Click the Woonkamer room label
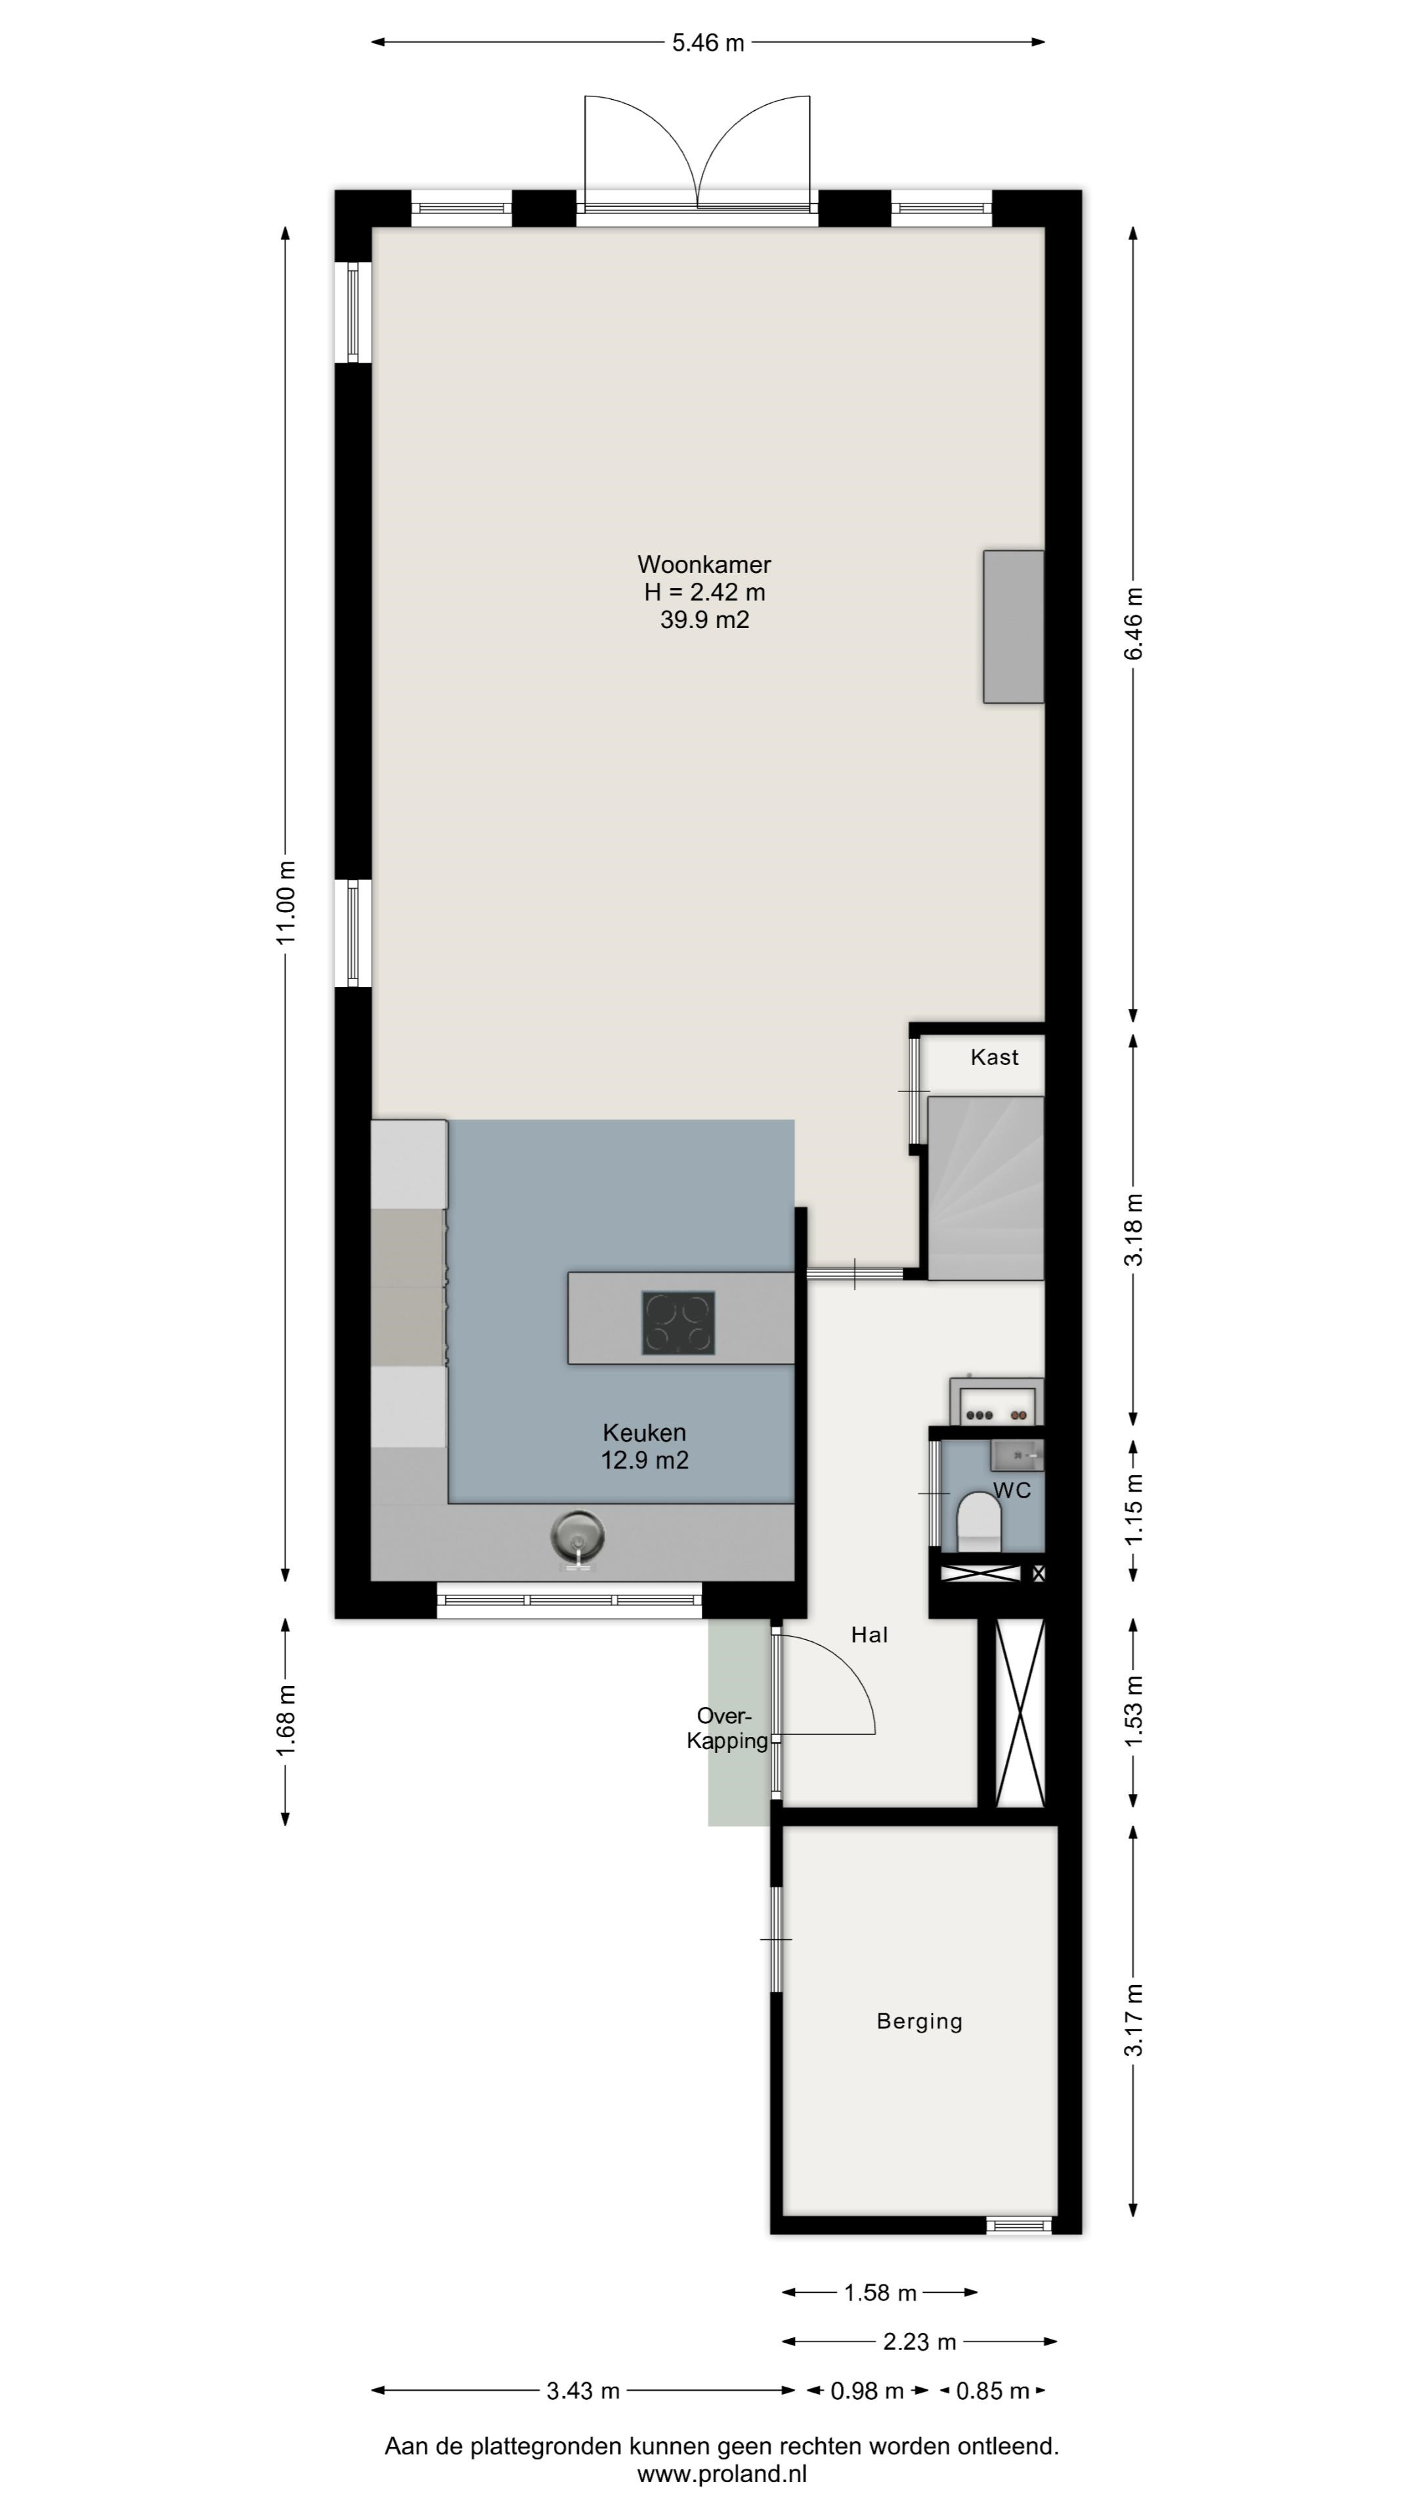pos(704,564)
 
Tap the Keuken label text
pos(644,1433)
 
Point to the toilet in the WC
pos(979,1521)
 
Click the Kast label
pos(995,1057)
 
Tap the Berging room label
pos(920,2022)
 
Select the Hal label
pos(869,1635)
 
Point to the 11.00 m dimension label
pos(286,902)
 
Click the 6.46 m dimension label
pos(1133,623)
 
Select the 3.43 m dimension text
pos(583,2391)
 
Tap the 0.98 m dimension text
pos(867,2391)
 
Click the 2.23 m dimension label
pos(920,2342)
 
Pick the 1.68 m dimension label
pos(286,1721)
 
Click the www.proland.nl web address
pos(722,2474)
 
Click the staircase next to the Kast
pos(985,1188)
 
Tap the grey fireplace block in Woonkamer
pos(1014,626)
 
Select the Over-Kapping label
pos(726,1729)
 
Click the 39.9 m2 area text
pos(704,619)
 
